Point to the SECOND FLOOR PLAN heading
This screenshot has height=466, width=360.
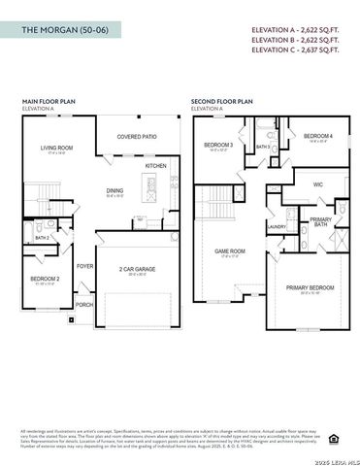pos(222,101)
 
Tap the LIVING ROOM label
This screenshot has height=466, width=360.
pos(57,149)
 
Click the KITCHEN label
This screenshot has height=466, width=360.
pos(156,166)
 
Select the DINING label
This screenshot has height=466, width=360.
pos(115,190)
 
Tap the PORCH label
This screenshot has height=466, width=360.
pos(85,303)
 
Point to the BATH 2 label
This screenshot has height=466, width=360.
pos(42,238)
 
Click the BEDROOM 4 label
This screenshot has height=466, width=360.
pos(318,135)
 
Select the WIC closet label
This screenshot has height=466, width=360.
pos(318,183)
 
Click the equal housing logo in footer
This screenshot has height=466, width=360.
pos(334,437)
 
